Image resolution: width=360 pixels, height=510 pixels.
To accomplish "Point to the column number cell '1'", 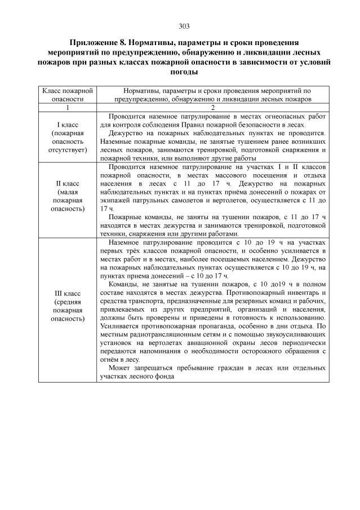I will (67, 107).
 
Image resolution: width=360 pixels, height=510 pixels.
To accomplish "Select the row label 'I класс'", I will (68, 124).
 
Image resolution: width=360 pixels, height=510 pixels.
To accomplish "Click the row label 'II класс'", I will (68, 184).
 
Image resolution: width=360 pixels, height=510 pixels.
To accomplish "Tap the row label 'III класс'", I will (68, 294).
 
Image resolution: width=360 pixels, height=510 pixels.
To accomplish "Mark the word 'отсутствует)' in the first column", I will (68, 150).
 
